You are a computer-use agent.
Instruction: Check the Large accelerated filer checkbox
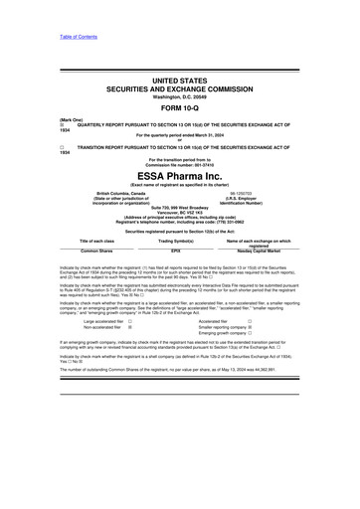click(x=130, y=320)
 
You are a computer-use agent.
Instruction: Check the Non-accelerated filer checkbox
click(x=130, y=327)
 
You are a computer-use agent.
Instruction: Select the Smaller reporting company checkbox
click(x=249, y=327)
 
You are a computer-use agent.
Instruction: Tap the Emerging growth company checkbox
click(x=249, y=334)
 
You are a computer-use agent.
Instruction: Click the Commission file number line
click(x=180, y=163)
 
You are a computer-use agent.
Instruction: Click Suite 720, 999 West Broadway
click(x=180, y=209)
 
